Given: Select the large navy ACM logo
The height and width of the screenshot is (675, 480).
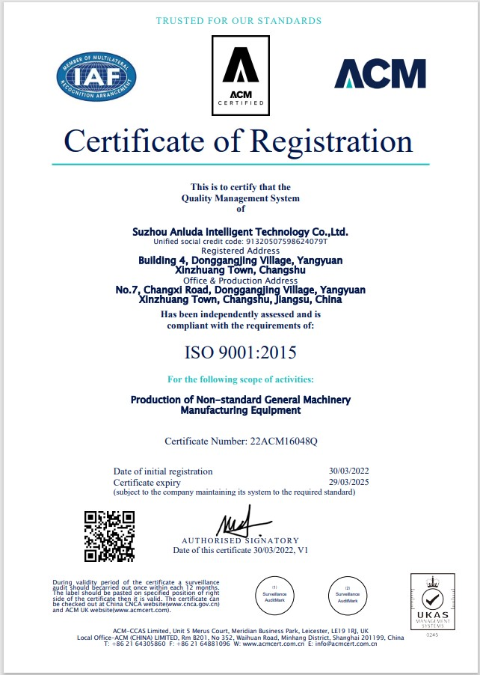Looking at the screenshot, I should [380, 74].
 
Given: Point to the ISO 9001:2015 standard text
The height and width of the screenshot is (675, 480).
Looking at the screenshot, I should [240, 351].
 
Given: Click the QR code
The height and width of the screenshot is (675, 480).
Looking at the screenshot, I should [109, 536].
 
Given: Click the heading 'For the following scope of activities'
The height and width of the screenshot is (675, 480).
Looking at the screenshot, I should [240, 379].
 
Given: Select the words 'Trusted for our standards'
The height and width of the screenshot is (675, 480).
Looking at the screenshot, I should [239, 21].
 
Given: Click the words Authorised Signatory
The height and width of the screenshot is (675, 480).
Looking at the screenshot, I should [240, 540].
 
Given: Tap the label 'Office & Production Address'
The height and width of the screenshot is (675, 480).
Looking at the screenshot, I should [240, 280].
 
